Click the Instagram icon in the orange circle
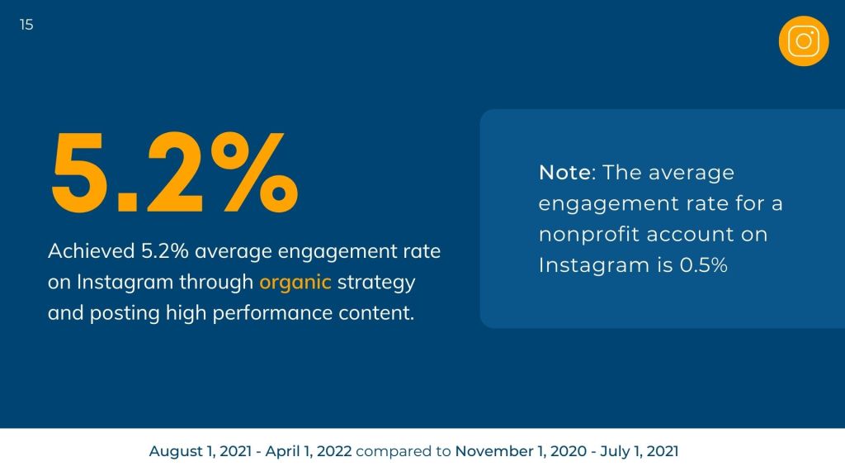[x=803, y=40]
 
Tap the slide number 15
[x=26, y=25]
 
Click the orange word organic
[x=295, y=282]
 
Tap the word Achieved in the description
[x=87, y=251]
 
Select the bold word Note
[x=565, y=173]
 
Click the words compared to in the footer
[x=404, y=451]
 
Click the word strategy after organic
[x=376, y=282]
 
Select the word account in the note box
[x=690, y=235]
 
